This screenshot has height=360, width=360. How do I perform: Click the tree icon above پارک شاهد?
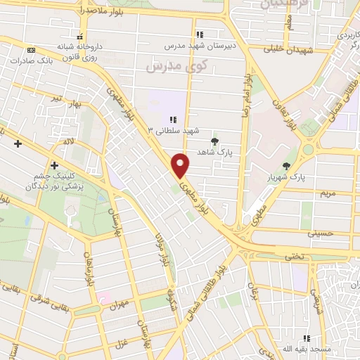point(215,140)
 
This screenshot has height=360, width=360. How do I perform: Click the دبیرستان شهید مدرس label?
point(198,45)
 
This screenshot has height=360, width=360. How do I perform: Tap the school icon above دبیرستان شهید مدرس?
point(200,34)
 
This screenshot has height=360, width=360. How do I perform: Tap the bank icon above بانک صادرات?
point(30,50)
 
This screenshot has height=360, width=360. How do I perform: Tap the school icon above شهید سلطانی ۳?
point(172,119)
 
